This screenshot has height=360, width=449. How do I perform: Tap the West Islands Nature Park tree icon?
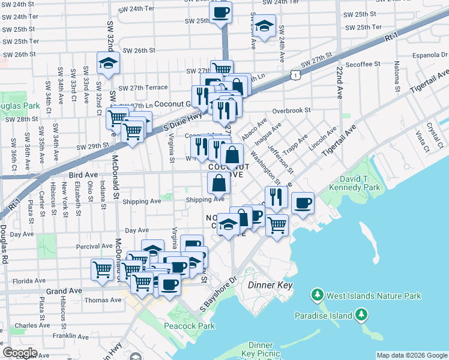click(317, 295)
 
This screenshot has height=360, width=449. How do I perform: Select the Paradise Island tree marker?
click(362, 314)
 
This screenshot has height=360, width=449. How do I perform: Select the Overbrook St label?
click(291, 110)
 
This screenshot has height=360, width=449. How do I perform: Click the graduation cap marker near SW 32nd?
click(108, 63)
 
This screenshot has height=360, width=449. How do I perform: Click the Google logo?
click(20, 353)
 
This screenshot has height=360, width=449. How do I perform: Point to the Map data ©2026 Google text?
click(412, 355)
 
